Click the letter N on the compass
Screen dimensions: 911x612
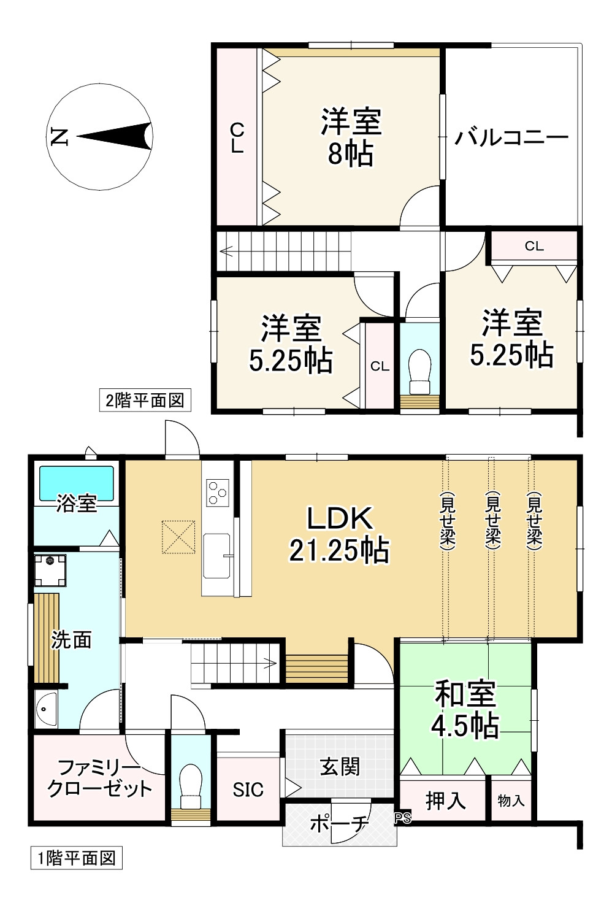coord(59,137)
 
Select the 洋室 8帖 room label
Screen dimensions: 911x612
coord(351,137)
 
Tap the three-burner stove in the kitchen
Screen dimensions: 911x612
coord(217,492)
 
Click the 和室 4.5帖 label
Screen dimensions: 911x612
coord(465,710)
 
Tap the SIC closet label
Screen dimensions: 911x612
coord(248,790)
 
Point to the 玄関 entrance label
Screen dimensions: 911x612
coord(340,766)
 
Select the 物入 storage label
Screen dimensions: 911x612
coord(511,800)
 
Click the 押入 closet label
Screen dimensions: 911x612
coord(445,800)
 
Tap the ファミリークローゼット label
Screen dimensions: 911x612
coord(99,778)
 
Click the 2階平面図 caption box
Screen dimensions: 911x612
coord(145,401)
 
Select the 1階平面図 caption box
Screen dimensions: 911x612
coord(77,858)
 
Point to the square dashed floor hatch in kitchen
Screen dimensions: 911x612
coord(178,537)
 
